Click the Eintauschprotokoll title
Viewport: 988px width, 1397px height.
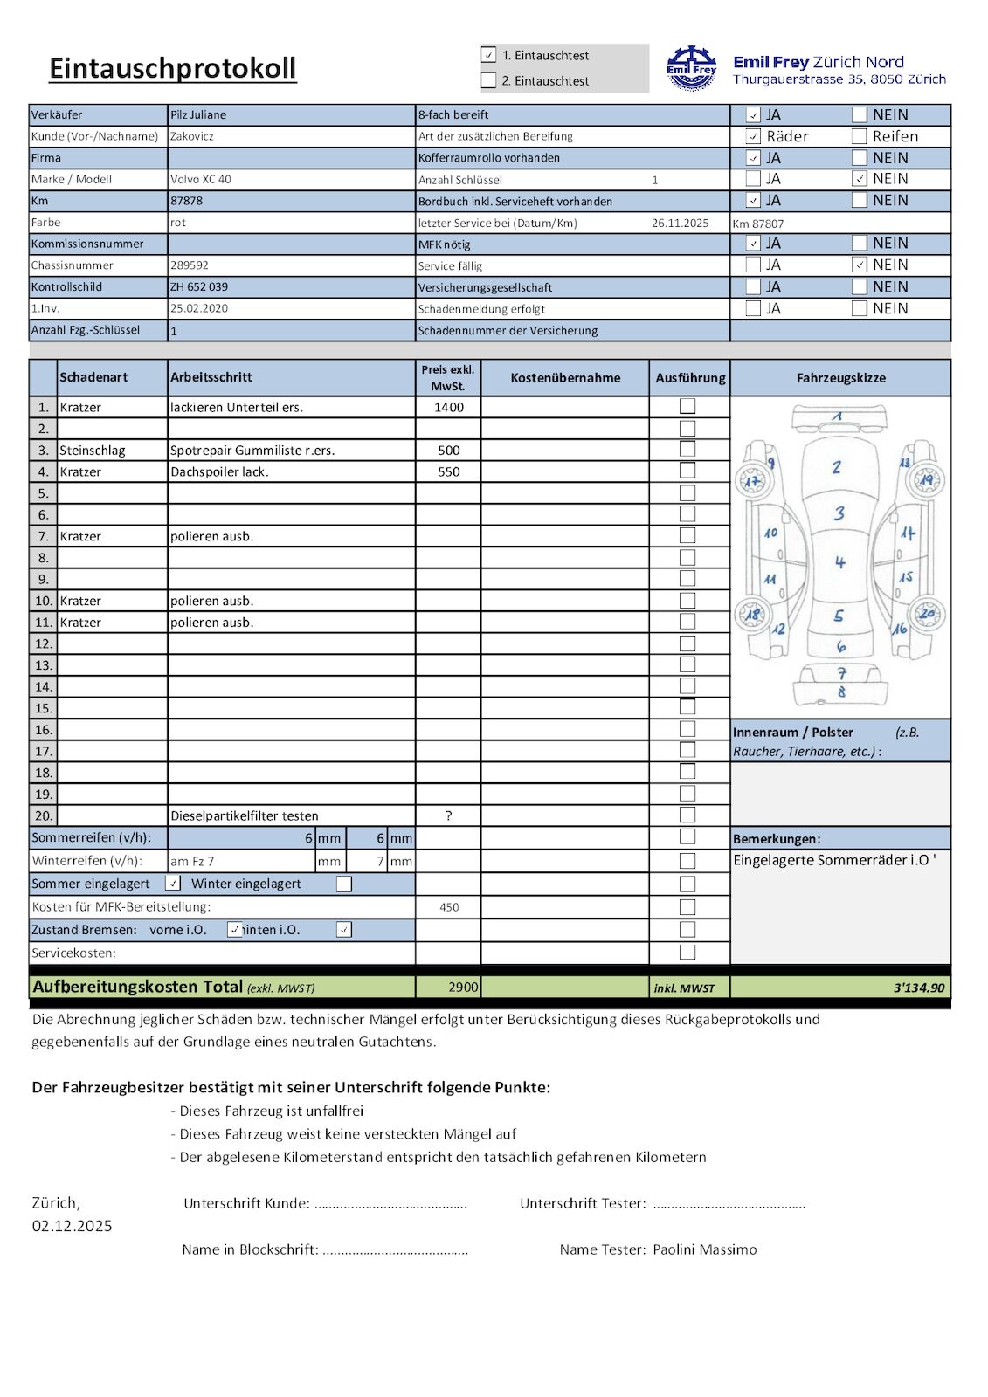point(173,68)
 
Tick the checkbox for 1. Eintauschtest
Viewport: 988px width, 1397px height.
point(489,55)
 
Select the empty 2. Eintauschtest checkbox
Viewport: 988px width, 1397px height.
point(489,80)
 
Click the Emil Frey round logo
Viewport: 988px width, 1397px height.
point(691,69)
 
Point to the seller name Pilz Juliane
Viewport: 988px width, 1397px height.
point(198,114)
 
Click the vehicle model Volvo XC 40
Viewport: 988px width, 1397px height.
point(201,179)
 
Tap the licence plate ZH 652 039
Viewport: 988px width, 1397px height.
point(199,286)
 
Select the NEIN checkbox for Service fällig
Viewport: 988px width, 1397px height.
point(860,265)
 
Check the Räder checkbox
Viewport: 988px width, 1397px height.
point(753,136)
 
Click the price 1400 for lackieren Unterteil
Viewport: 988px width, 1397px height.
point(449,407)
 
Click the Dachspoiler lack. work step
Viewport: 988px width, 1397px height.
point(219,471)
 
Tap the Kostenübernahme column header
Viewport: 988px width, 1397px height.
point(565,377)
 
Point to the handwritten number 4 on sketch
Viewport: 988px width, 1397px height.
point(839,562)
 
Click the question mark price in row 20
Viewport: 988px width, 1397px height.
point(448,815)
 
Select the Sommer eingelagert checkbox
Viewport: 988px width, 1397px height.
point(173,884)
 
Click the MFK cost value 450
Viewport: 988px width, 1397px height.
point(449,907)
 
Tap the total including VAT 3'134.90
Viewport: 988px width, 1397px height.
point(918,988)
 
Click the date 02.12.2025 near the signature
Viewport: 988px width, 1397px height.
point(73,1226)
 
